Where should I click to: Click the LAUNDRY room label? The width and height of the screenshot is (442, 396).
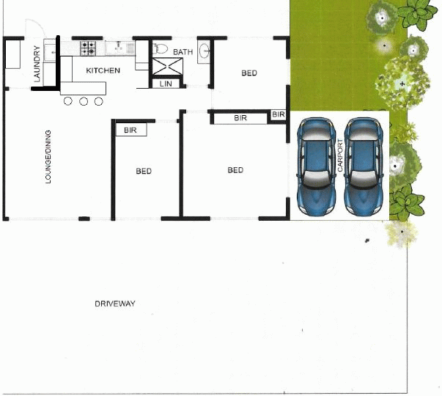(x=36, y=65)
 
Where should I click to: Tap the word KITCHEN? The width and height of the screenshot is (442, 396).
(x=103, y=71)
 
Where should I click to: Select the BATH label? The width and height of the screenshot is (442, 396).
(x=183, y=52)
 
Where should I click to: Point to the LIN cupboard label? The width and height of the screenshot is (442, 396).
(x=166, y=84)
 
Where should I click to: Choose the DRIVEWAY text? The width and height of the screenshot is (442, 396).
(x=115, y=304)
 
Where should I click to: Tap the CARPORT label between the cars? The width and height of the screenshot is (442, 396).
(x=340, y=156)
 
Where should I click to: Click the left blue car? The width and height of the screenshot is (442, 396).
(x=315, y=164)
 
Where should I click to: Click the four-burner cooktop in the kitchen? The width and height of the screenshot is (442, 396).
(x=88, y=48)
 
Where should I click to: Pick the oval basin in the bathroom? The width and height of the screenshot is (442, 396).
(x=205, y=51)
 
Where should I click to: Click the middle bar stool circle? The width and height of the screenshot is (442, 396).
(x=82, y=101)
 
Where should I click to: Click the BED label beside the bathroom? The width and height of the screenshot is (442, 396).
(x=249, y=73)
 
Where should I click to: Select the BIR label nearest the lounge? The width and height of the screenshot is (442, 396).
(x=130, y=131)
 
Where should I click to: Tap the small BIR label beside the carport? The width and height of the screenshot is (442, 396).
(x=278, y=115)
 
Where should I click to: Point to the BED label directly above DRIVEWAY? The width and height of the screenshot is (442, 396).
(x=144, y=172)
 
